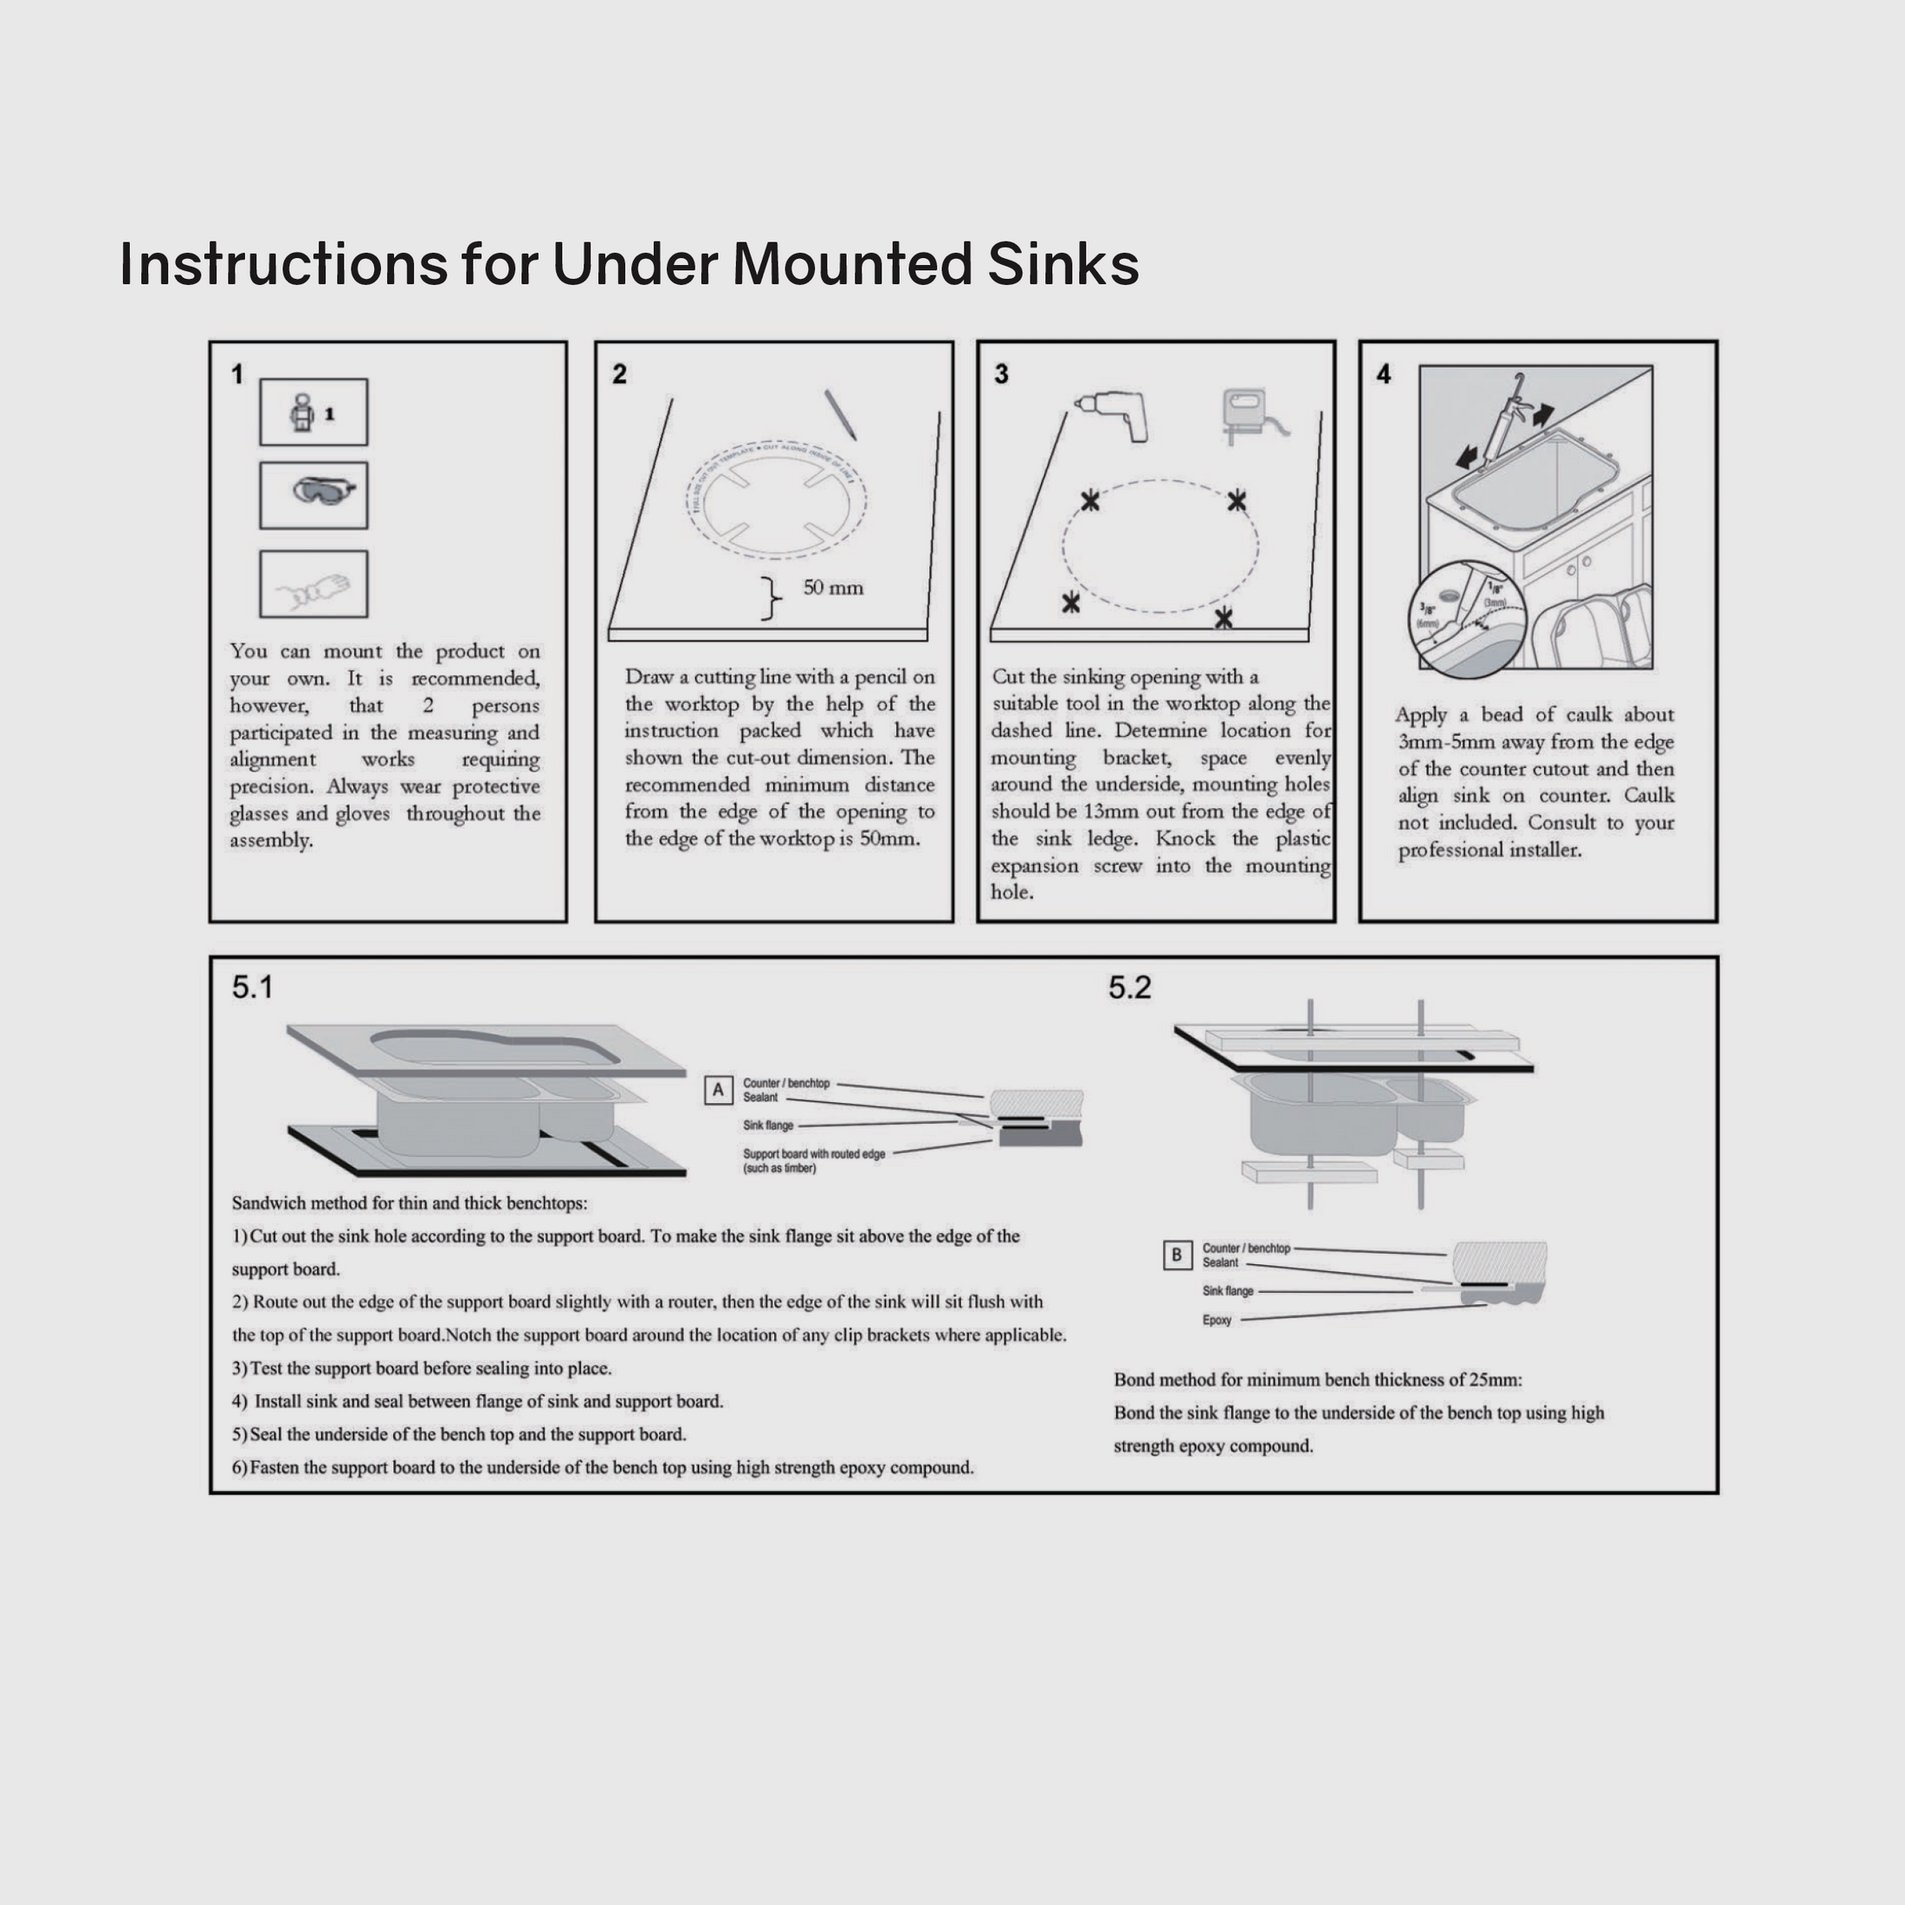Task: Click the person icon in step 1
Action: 304,412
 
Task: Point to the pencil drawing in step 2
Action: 840,414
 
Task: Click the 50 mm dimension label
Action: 833,588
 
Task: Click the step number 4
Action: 1384,375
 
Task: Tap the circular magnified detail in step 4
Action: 1467,618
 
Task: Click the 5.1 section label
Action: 253,987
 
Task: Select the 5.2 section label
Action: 1129,987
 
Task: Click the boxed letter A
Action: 718,1089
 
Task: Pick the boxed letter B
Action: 1176,1256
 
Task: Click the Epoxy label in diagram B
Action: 1217,1321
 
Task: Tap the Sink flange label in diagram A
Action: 768,1125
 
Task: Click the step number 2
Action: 619,375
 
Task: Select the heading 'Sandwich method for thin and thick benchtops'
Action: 410,1203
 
